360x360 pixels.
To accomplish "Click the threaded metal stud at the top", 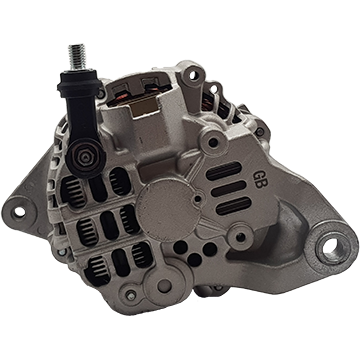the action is [x=77, y=57].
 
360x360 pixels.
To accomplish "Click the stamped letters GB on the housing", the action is [x=258, y=180].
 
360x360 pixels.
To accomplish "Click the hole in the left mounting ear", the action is [x=19, y=211].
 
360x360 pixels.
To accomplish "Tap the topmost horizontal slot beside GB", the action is [x=223, y=171].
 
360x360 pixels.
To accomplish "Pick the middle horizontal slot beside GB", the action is [x=229, y=188].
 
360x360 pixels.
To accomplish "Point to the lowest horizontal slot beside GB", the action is [x=233, y=206].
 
